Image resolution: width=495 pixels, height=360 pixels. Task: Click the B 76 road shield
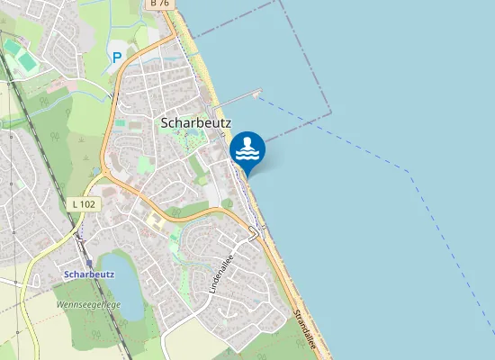pyautogui.click(x=159, y=4)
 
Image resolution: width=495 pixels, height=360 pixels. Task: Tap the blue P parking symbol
pyautogui.click(x=116, y=57)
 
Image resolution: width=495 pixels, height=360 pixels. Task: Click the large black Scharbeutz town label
pyautogui.click(x=195, y=121)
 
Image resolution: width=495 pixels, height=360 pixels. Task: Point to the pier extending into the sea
pyautogui.click(x=238, y=96)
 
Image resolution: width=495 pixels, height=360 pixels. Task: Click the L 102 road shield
pyautogui.click(x=84, y=204)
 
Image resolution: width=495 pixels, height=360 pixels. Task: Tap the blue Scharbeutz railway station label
pyautogui.click(x=89, y=273)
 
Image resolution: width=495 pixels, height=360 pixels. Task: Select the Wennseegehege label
pyautogui.click(x=87, y=305)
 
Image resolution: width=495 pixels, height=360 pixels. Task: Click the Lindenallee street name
pyautogui.click(x=221, y=276)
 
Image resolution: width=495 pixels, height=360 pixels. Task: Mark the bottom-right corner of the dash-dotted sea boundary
pyautogui.click(x=330, y=112)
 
